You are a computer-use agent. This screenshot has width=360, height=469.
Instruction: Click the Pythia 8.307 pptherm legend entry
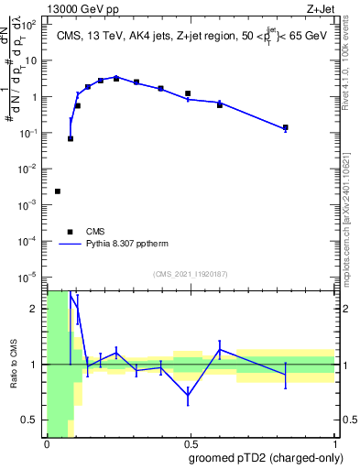coord(129,245)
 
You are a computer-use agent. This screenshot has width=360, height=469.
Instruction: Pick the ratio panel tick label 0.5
coord(30,420)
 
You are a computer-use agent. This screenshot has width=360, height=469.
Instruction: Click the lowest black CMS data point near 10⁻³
coord(58,191)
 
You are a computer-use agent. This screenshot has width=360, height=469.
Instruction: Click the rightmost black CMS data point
coord(286,128)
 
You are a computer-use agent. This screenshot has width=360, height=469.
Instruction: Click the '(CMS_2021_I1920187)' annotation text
coord(191,274)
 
